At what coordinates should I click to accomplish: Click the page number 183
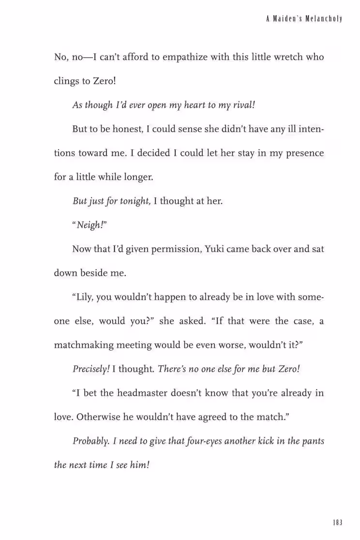tap(337, 523)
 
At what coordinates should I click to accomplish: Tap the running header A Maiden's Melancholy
tap(304, 19)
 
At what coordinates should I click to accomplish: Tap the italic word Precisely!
tap(91, 369)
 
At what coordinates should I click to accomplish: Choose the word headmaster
tap(141, 393)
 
